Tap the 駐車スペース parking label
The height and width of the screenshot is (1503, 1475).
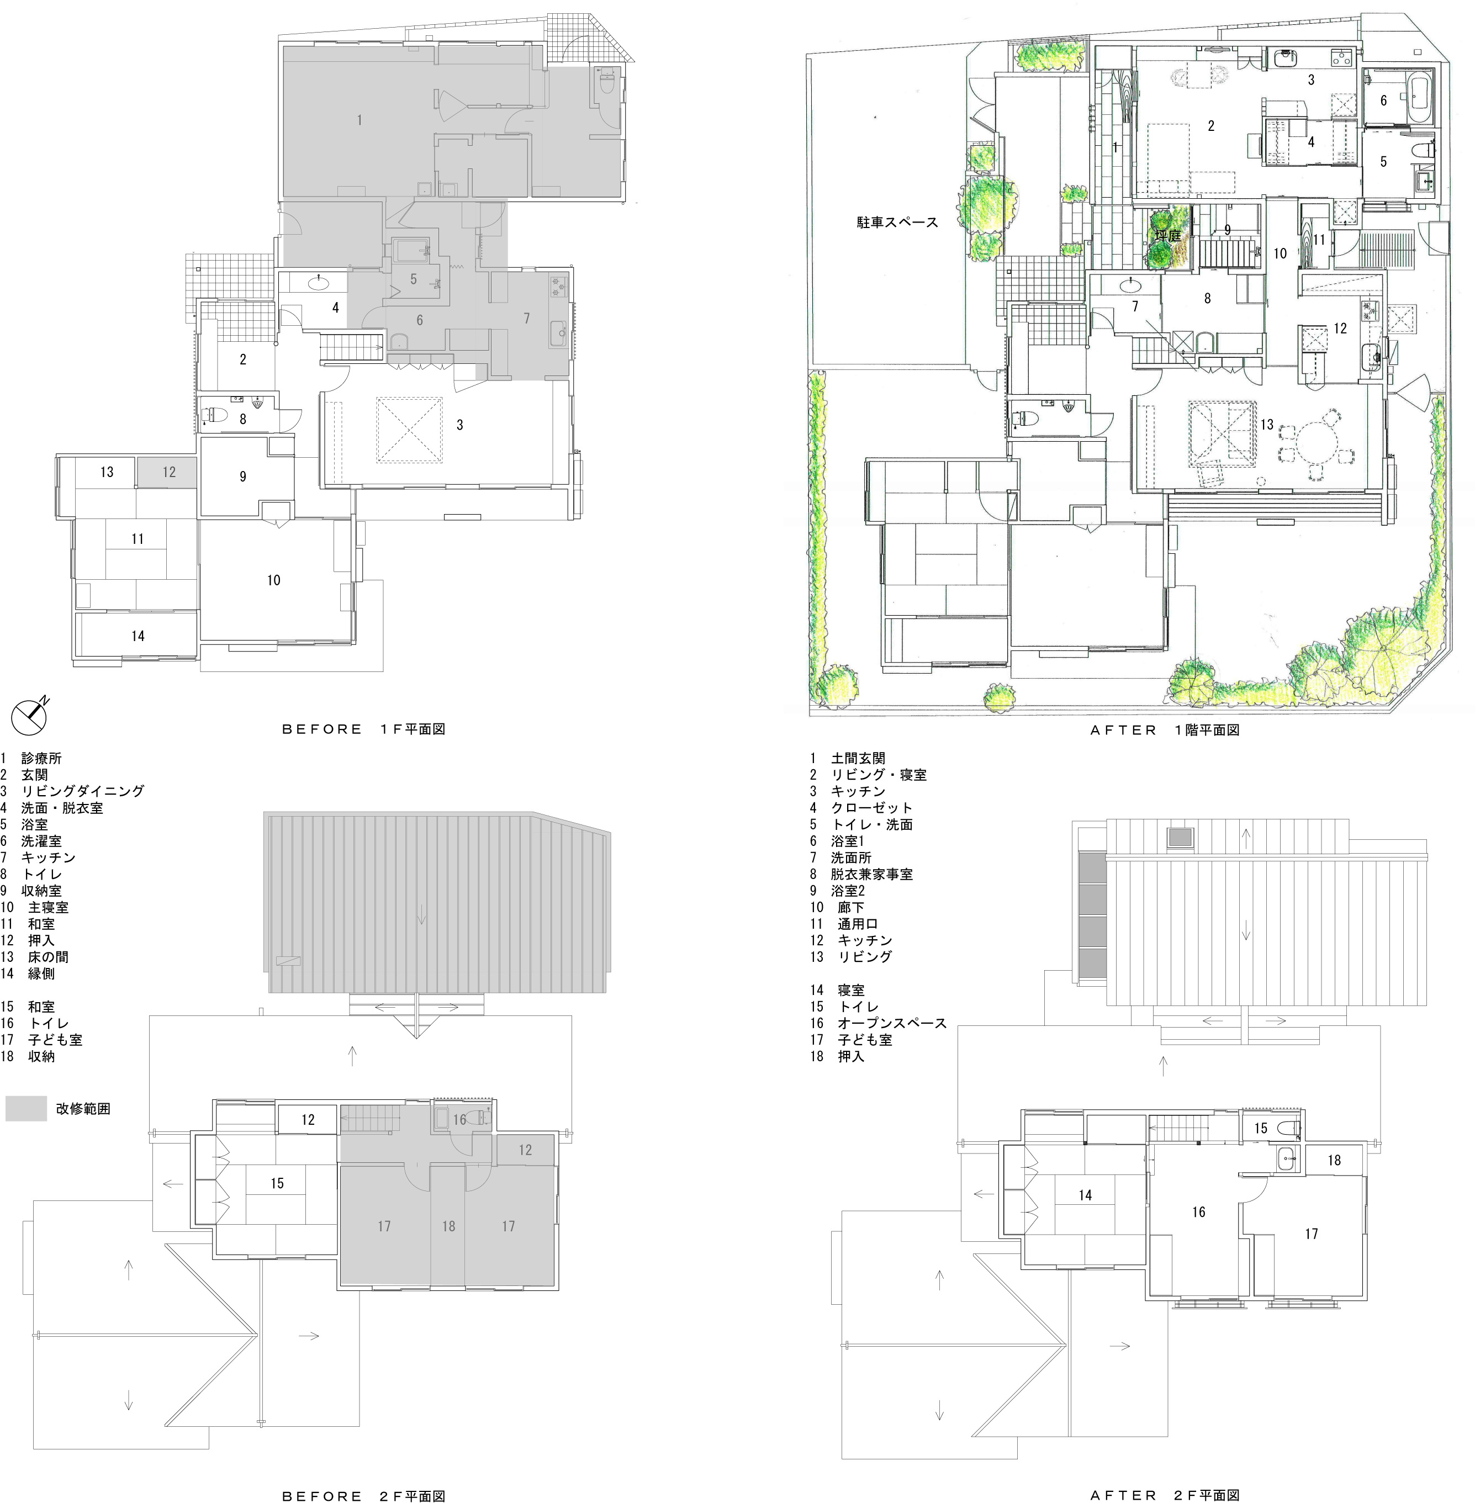(897, 223)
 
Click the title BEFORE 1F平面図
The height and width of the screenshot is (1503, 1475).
(363, 729)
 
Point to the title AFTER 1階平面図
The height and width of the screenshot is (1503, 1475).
(1165, 730)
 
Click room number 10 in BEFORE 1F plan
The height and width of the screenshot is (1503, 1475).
(273, 580)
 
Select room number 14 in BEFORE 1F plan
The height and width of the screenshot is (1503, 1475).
(138, 636)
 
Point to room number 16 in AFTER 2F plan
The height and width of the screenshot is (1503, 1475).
(1198, 1211)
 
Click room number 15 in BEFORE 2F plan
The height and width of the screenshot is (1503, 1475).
(277, 1183)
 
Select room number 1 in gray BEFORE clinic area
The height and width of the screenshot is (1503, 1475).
(360, 120)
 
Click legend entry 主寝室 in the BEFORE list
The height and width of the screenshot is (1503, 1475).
(48, 907)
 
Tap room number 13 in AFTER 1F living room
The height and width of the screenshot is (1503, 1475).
(1267, 425)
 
